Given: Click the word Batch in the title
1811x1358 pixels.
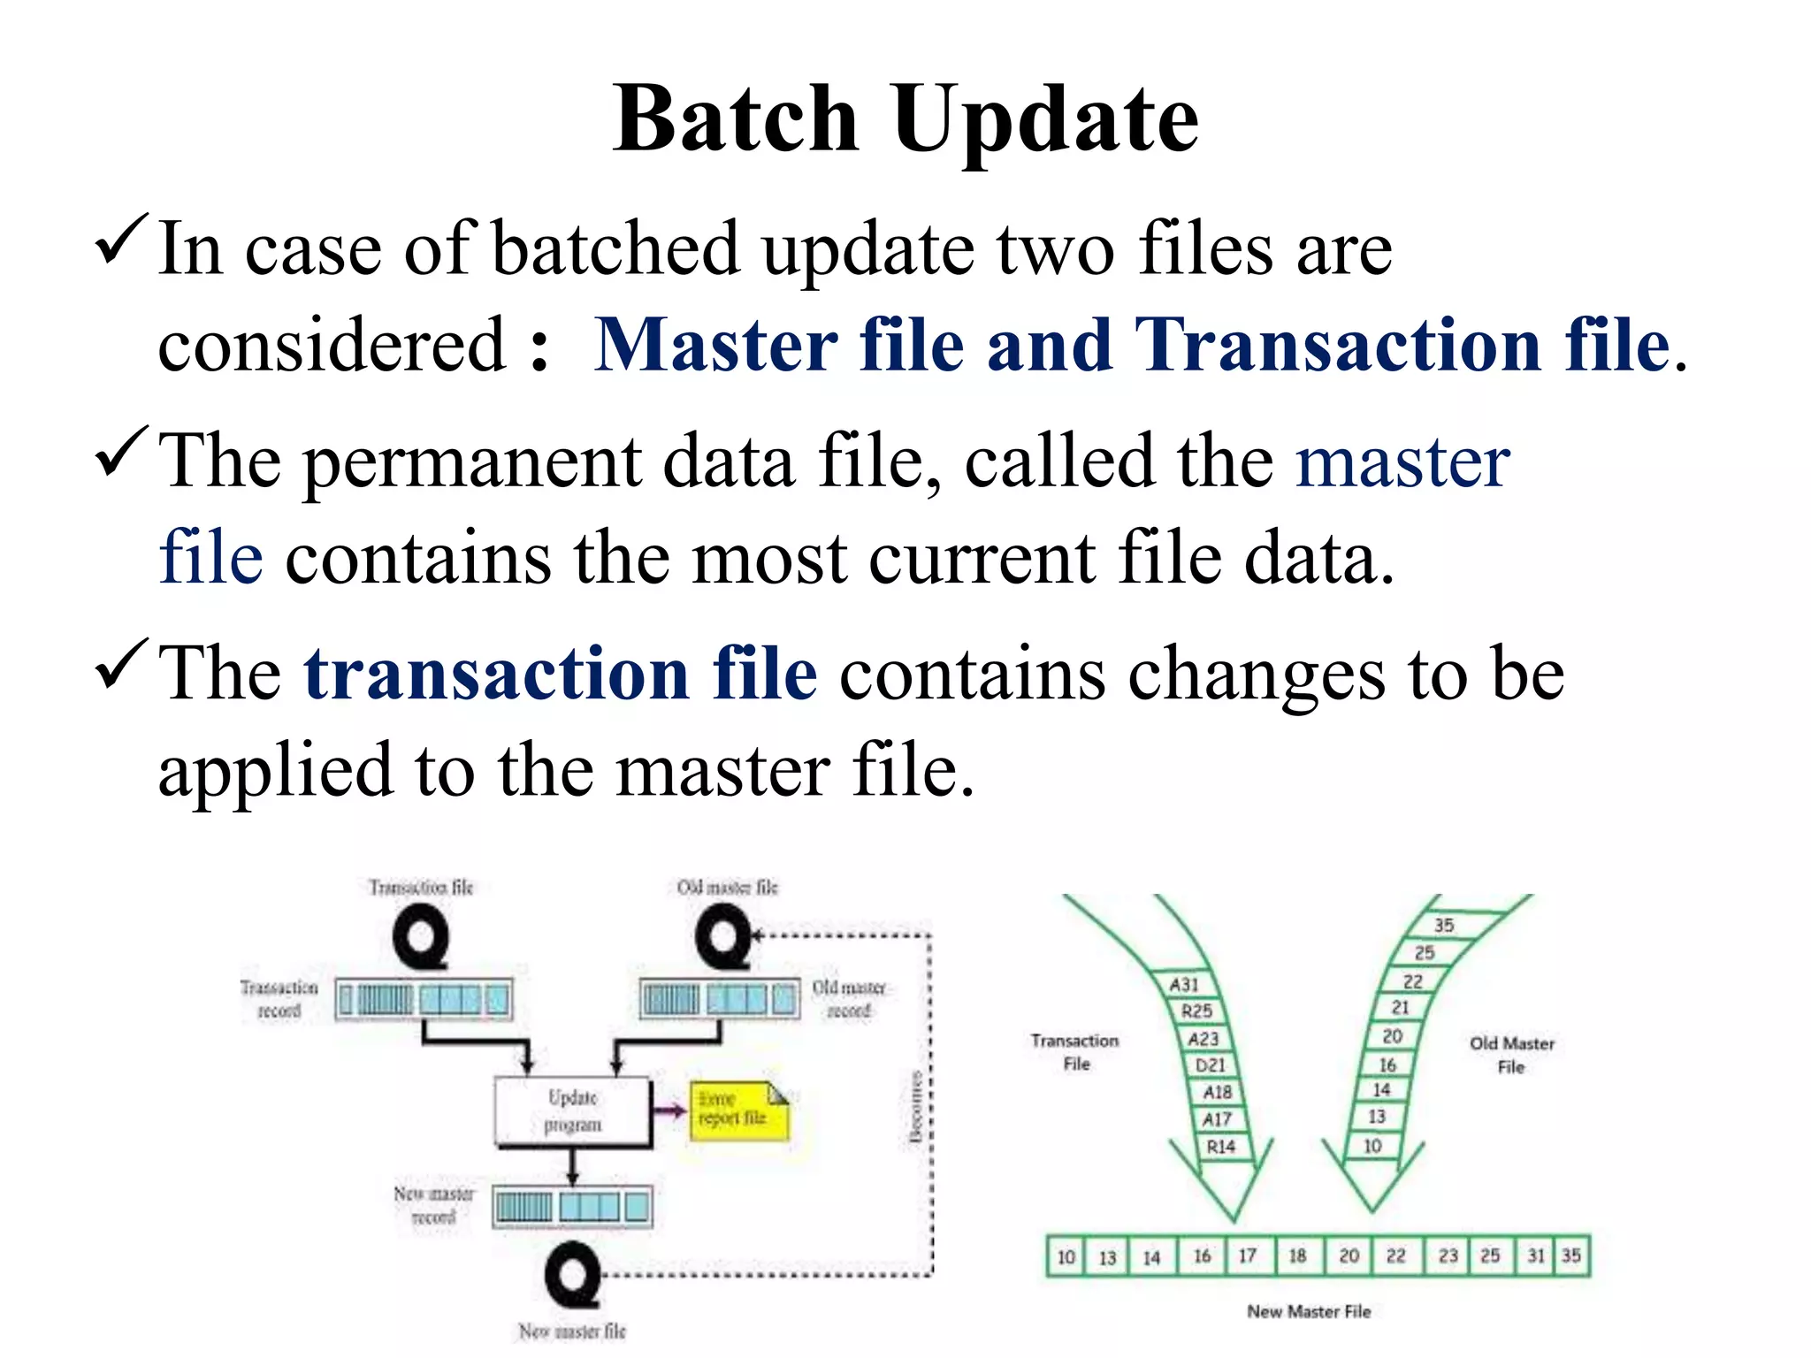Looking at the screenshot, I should coord(736,119).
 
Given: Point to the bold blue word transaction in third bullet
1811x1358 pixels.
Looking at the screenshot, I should coord(495,674).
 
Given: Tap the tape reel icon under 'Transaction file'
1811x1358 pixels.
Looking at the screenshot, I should coord(421,939).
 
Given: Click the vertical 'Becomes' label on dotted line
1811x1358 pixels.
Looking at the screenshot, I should coord(917,1107).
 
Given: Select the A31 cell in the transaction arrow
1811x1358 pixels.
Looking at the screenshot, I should coord(1184,984).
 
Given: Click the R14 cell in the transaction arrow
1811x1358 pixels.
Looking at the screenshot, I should coord(1221,1147).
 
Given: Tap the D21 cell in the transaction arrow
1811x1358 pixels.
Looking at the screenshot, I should coord(1210,1065).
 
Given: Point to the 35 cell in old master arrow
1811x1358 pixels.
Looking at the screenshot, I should coord(1443,925).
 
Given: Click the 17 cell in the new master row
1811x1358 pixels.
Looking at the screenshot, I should coord(1247,1256).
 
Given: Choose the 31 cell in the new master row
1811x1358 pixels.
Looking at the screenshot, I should coord(1536,1256).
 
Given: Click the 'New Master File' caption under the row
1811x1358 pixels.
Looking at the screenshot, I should coord(1309,1312).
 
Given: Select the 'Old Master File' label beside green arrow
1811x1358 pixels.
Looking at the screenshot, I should coord(1511,1055).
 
